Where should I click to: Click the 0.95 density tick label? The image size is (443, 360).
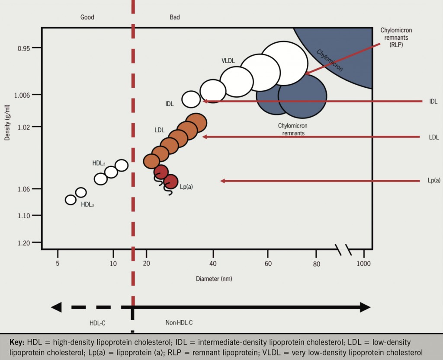coord(23,48)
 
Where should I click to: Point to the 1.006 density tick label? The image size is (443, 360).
coord(22,96)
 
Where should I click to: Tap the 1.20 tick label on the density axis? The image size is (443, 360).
coord(24,243)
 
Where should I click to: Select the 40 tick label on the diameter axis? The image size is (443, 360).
coord(213,264)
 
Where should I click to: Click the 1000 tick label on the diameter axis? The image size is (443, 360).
coord(363,264)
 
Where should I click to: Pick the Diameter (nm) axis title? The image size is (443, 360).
coord(214,279)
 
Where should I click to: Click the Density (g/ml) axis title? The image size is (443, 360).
coord(7,123)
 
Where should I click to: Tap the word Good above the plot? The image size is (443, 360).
coord(87,17)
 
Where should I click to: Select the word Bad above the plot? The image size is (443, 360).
coord(175,17)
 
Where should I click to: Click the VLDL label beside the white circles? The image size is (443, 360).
coord(228,61)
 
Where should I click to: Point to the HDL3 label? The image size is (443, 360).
coord(87,204)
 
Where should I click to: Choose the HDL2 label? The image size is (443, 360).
coord(99,163)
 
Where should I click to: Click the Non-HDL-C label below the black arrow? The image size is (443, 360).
coord(179,322)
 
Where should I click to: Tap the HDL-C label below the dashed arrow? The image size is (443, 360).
coord(97,323)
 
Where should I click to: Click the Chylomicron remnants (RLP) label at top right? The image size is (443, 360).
coord(396,37)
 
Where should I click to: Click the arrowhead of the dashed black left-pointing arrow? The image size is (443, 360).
coord(56,307)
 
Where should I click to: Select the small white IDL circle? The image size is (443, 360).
coord(191,99)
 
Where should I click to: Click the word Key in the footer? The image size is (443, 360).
coord(17,342)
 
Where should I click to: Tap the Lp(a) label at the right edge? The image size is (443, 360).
coord(434,180)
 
